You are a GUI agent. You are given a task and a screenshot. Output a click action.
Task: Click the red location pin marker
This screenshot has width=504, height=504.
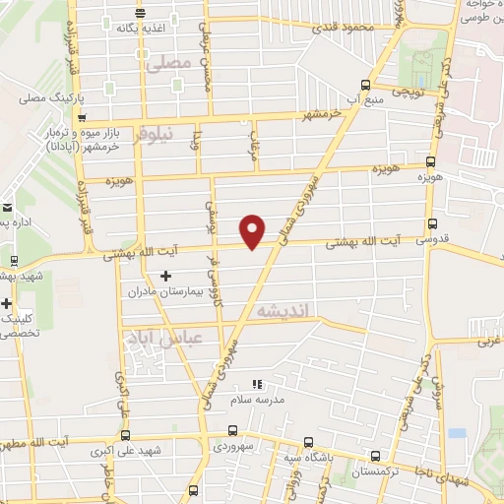point(253,230)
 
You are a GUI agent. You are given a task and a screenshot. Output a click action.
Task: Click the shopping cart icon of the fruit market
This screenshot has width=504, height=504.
point(38,128)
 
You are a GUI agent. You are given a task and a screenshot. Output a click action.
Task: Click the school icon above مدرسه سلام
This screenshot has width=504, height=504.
point(257,384)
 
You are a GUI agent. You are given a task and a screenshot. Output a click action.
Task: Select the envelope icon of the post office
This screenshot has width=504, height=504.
point(7,208)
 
